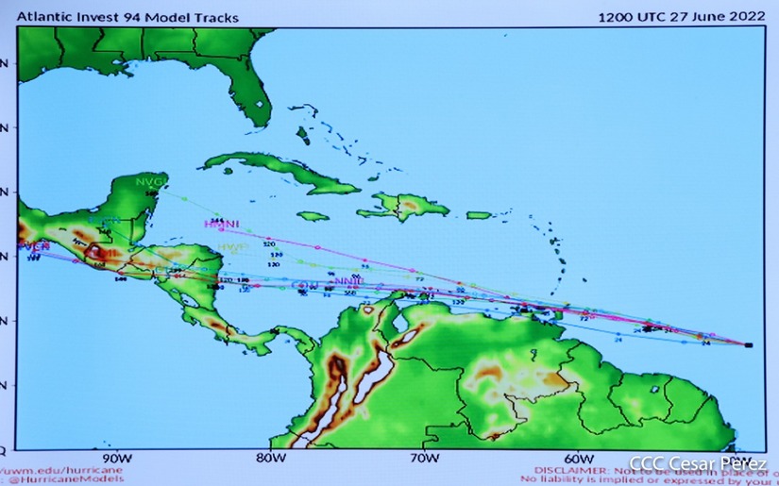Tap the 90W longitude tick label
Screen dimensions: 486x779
[113, 459]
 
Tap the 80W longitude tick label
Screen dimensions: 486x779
[270, 459]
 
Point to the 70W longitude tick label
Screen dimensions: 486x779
[425, 459]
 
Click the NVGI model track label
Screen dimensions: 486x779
[149, 180]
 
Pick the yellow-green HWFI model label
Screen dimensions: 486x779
[232, 247]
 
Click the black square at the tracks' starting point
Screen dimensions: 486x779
[748, 345]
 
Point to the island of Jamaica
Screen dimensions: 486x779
[312, 216]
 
